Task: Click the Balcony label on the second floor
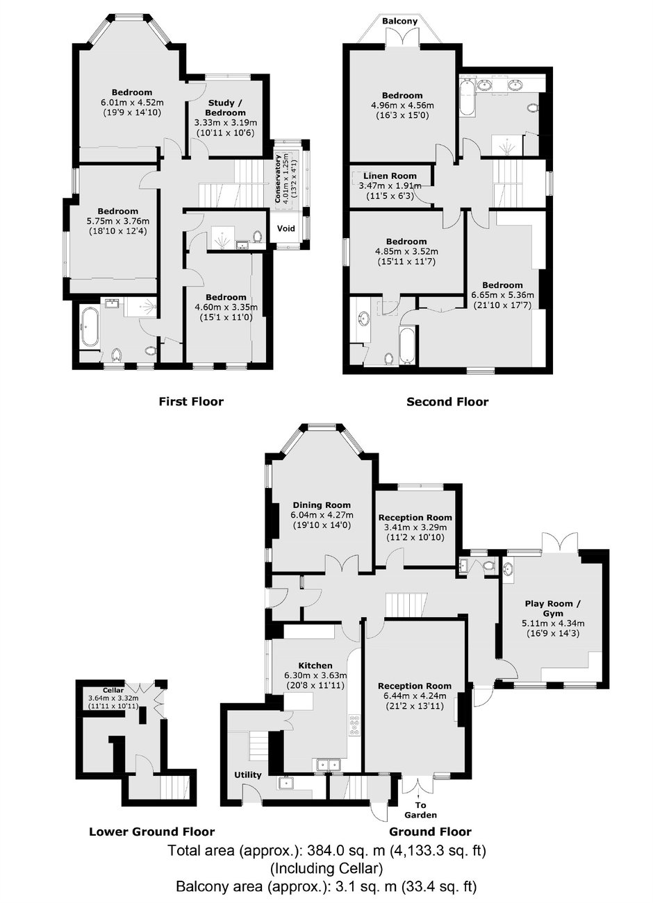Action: [x=400, y=21]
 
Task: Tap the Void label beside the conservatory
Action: [x=286, y=228]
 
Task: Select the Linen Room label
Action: [x=390, y=176]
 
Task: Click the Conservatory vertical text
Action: [x=277, y=178]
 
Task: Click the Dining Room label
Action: [x=322, y=505]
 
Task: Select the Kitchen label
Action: [x=315, y=666]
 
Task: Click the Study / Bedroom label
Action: [x=226, y=108]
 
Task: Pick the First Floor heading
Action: [x=191, y=401]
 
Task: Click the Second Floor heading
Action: [x=447, y=402]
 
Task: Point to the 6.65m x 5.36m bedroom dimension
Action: [x=502, y=295]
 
